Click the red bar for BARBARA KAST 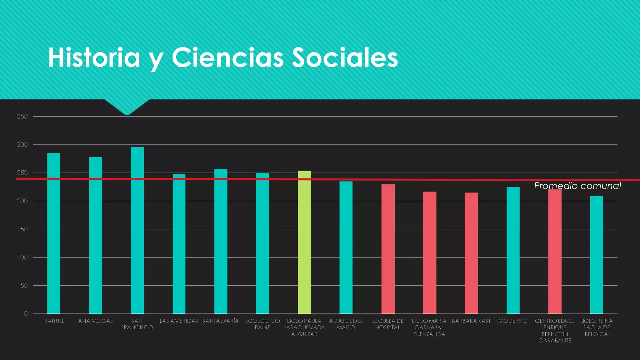pos(471,253)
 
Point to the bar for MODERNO pos(513,250)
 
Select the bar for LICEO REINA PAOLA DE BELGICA pos(597,255)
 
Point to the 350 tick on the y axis pos(22,117)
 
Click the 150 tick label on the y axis pos(22,229)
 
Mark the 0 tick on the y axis pos(26,313)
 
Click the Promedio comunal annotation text pos(577,186)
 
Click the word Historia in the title pos(94,58)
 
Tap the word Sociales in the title pos(345,58)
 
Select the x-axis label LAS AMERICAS pos(179,321)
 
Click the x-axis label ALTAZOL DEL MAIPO pos(346,324)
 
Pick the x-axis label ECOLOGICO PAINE pos(262,324)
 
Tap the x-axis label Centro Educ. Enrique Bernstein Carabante pos(555,331)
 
